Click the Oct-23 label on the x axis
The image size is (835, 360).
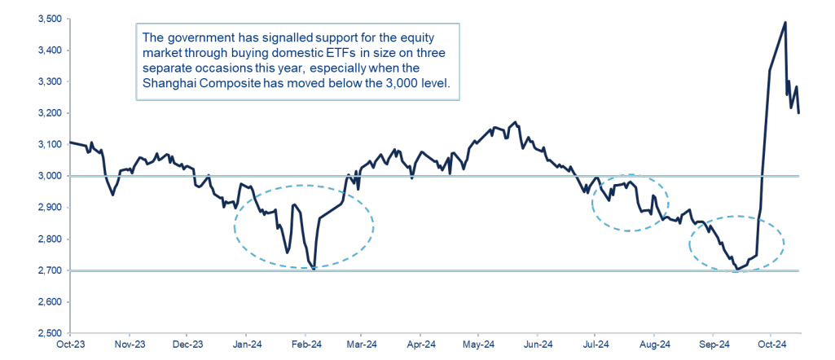(71, 345)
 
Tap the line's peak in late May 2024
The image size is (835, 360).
(515, 123)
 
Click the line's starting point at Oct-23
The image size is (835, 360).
(71, 143)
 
